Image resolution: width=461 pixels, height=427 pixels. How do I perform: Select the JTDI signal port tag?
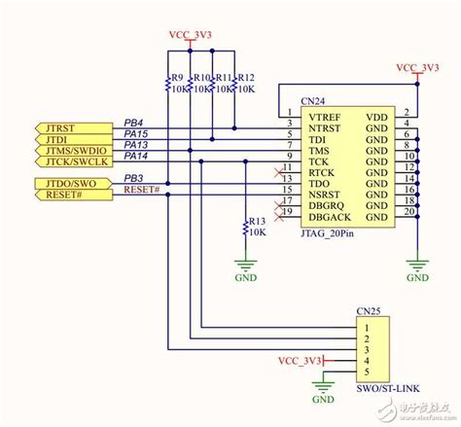click(58, 138)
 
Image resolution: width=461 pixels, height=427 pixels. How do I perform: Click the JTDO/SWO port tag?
click(67, 182)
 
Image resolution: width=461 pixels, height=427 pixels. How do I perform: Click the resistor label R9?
click(176, 77)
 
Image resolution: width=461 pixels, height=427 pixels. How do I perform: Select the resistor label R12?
click(245, 77)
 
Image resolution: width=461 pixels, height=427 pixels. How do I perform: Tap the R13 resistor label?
click(257, 222)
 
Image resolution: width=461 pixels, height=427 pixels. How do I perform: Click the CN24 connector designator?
click(314, 100)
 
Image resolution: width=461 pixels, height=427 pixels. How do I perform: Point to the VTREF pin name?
click(325, 114)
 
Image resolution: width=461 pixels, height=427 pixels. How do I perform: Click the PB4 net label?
click(134, 122)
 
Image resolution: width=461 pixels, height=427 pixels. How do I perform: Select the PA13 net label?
click(136, 144)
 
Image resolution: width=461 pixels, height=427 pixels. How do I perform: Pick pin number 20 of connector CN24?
click(409, 210)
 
